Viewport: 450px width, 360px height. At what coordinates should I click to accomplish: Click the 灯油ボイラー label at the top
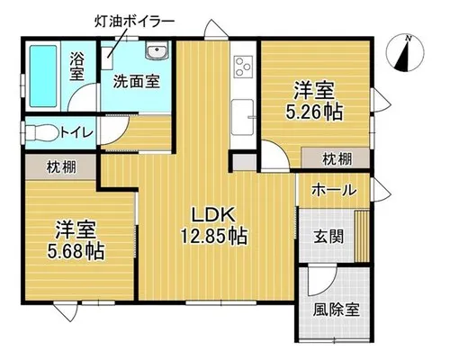pyautogui.click(x=134, y=22)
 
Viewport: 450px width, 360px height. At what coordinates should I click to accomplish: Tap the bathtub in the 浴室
pyautogui.click(x=43, y=76)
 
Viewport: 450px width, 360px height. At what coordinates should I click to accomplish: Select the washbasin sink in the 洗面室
pyautogui.click(x=157, y=51)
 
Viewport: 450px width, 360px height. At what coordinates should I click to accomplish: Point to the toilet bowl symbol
pyautogui.click(x=42, y=132)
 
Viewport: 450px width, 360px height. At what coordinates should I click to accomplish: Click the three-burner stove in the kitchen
pyautogui.click(x=244, y=67)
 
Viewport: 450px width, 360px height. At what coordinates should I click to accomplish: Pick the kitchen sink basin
pyautogui.click(x=242, y=117)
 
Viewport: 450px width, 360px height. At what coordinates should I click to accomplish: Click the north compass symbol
pyautogui.click(x=405, y=52)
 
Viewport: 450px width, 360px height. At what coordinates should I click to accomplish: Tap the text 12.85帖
pyautogui.click(x=213, y=236)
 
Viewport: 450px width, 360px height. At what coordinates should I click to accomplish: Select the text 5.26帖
pyautogui.click(x=314, y=112)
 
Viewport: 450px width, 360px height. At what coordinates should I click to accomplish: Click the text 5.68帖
pyautogui.click(x=76, y=251)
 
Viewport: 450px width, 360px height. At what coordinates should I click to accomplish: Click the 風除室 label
pyautogui.click(x=337, y=310)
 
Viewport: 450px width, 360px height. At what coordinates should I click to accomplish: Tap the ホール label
pyautogui.click(x=334, y=190)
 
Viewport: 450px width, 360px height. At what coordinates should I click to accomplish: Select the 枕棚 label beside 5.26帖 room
pyautogui.click(x=337, y=159)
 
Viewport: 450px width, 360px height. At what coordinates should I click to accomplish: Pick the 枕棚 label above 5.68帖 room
pyautogui.click(x=61, y=167)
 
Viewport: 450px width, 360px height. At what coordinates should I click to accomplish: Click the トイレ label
pyautogui.click(x=76, y=132)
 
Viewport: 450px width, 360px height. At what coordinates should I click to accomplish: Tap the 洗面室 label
pyautogui.click(x=137, y=81)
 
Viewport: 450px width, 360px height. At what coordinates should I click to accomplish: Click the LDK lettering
pyautogui.click(x=213, y=215)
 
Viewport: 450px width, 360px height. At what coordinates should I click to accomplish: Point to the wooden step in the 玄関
pyautogui.click(x=362, y=236)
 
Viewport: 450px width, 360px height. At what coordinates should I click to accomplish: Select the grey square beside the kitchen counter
pyautogui.click(x=245, y=162)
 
